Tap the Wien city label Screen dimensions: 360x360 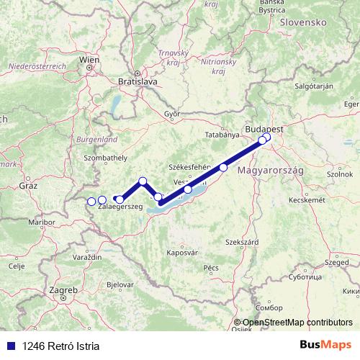90,59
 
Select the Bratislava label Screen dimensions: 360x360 138,82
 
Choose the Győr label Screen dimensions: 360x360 172,114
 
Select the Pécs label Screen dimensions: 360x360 211,267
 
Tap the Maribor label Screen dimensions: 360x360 41,222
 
